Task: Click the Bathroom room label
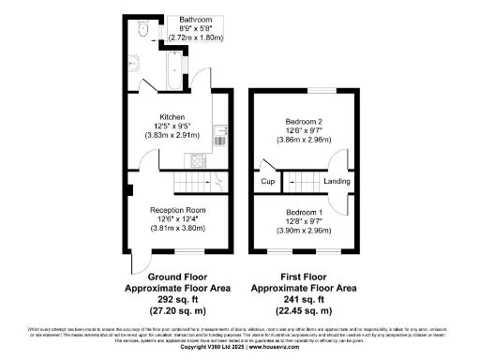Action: [x=195, y=20]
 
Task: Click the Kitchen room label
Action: [x=172, y=117]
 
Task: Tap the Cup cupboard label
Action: [x=266, y=181]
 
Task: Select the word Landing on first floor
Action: [x=337, y=181]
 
